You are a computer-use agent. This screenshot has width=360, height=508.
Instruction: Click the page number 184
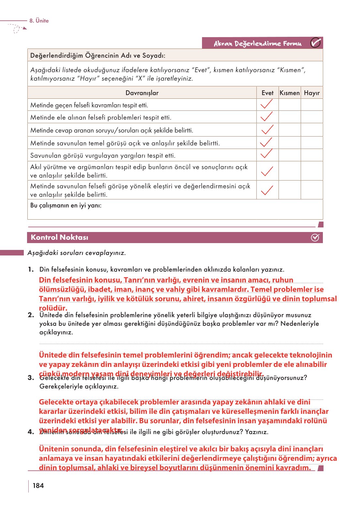click(x=38, y=486)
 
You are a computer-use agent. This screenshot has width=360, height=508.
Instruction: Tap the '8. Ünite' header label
click(x=39, y=21)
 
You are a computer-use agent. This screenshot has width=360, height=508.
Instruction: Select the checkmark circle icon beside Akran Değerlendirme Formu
click(x=315, y=43)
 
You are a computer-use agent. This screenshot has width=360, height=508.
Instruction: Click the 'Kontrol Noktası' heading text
click(x=59, y=237)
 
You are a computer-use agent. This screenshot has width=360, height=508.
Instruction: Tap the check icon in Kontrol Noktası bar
click(x=315, y=238)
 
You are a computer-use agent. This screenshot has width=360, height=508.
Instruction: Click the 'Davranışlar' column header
click(x=142, y=93)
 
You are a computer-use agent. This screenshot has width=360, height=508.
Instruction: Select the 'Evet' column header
click(x=267, y=93)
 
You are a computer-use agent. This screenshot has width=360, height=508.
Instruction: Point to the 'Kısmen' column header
click(x=290, y=93)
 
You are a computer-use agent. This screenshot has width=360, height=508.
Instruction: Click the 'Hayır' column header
click(x=312, y=93)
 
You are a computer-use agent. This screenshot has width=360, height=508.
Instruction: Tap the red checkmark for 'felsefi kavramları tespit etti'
click(x=267, y=104)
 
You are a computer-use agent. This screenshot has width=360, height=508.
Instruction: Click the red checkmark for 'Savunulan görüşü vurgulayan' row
click(x=267, y=154)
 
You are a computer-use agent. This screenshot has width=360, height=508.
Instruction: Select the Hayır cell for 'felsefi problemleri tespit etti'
click(x=312, y=117)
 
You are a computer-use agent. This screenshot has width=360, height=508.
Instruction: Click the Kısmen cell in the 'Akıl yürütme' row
click(x=290, y=171)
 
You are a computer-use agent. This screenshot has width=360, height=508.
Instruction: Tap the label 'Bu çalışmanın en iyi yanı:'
click(x=66, y=205)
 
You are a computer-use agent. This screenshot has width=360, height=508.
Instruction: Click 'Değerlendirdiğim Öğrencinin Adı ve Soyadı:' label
click(x=98, y=55)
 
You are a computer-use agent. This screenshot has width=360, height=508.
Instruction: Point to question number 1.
click(x=31, y=269)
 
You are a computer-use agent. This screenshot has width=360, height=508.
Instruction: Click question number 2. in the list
click(x=31, y=315)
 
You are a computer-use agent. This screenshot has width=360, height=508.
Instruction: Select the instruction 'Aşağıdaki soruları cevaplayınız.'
click(x=77, y=253)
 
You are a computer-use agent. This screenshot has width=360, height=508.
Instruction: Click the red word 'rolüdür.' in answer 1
click(x=53, y=308)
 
